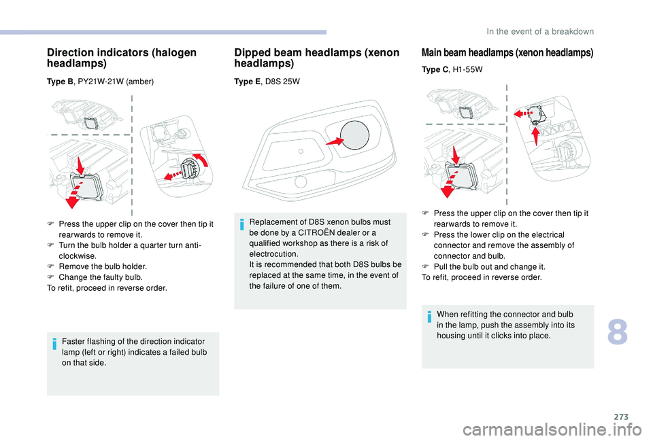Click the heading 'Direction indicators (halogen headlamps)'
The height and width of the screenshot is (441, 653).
pyautogui.click(x=121, y=58)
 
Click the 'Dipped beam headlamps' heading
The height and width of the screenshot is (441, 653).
pyautogui.click(x=317, y=58)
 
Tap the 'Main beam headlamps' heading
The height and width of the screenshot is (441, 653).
pyautogui.click(x=507, y=52)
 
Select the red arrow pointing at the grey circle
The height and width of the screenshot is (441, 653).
pyautogui.click(x=334, y=141)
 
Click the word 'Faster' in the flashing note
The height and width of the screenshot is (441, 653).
pyautogui.click(x=73, y=340)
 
